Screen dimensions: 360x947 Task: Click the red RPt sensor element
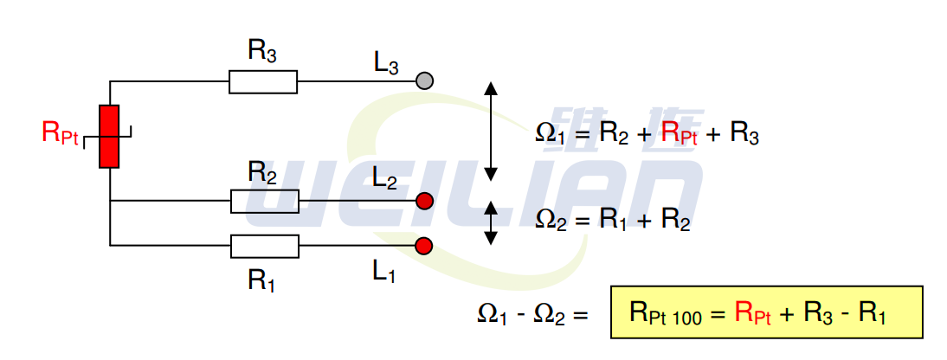(x=109, y=136)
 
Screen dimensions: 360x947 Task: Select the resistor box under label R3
(x=263, y=82)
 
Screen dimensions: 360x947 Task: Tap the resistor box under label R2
(x=264, y=202)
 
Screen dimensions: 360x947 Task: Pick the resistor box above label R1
(x=264, y=247)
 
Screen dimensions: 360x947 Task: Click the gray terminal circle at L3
(x=424, y=80)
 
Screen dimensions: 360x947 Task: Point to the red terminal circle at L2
(x=424, y=202)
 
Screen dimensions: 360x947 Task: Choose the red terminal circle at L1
(x=423, y=247)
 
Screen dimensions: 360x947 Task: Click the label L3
(x=387, y=62)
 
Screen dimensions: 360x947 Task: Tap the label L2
(x=385, y=179)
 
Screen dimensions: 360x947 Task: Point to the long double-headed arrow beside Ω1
(x=491, y=132)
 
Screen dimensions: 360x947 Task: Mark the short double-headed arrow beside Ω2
(x=491, y=222)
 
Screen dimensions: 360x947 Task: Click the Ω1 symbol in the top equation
(x=550, y=134)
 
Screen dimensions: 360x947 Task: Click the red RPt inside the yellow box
(x=753, y=312)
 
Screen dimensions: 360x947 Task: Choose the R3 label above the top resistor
(x=263, y=51)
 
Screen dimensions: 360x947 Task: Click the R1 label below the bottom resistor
(x=263, y=280)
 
